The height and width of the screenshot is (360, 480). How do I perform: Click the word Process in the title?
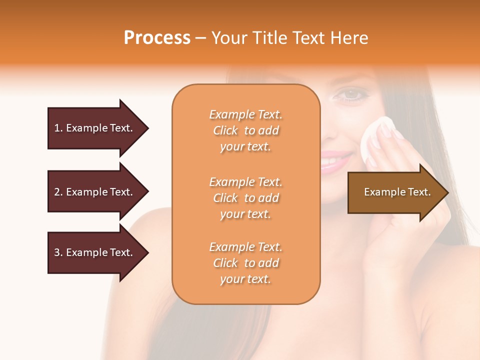point(157,37)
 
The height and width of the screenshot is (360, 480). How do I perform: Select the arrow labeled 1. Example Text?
point(95,128)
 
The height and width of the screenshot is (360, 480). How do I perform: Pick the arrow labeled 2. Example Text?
point(95,192)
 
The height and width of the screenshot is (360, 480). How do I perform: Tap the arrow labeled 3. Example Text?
point(95,252)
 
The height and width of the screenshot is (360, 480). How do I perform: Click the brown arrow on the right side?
point(395,192)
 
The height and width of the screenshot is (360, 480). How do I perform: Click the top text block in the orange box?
point(245,130)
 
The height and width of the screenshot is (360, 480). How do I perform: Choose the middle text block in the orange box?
point(245,198)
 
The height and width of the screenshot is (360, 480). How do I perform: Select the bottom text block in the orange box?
point(245,263)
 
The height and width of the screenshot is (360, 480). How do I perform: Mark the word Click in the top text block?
point(225,130)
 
